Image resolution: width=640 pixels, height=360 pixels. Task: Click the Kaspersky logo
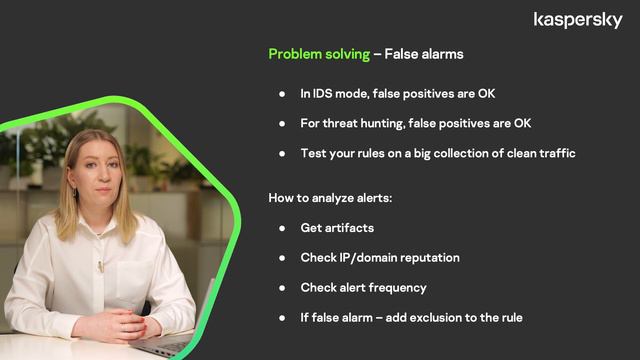[x=578, y=20]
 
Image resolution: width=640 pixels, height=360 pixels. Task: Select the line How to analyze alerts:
[x=330, y=198]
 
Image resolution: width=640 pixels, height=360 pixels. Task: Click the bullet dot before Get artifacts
[x=282, y=228]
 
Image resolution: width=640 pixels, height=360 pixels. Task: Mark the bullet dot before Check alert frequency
[x=282, y=288]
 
